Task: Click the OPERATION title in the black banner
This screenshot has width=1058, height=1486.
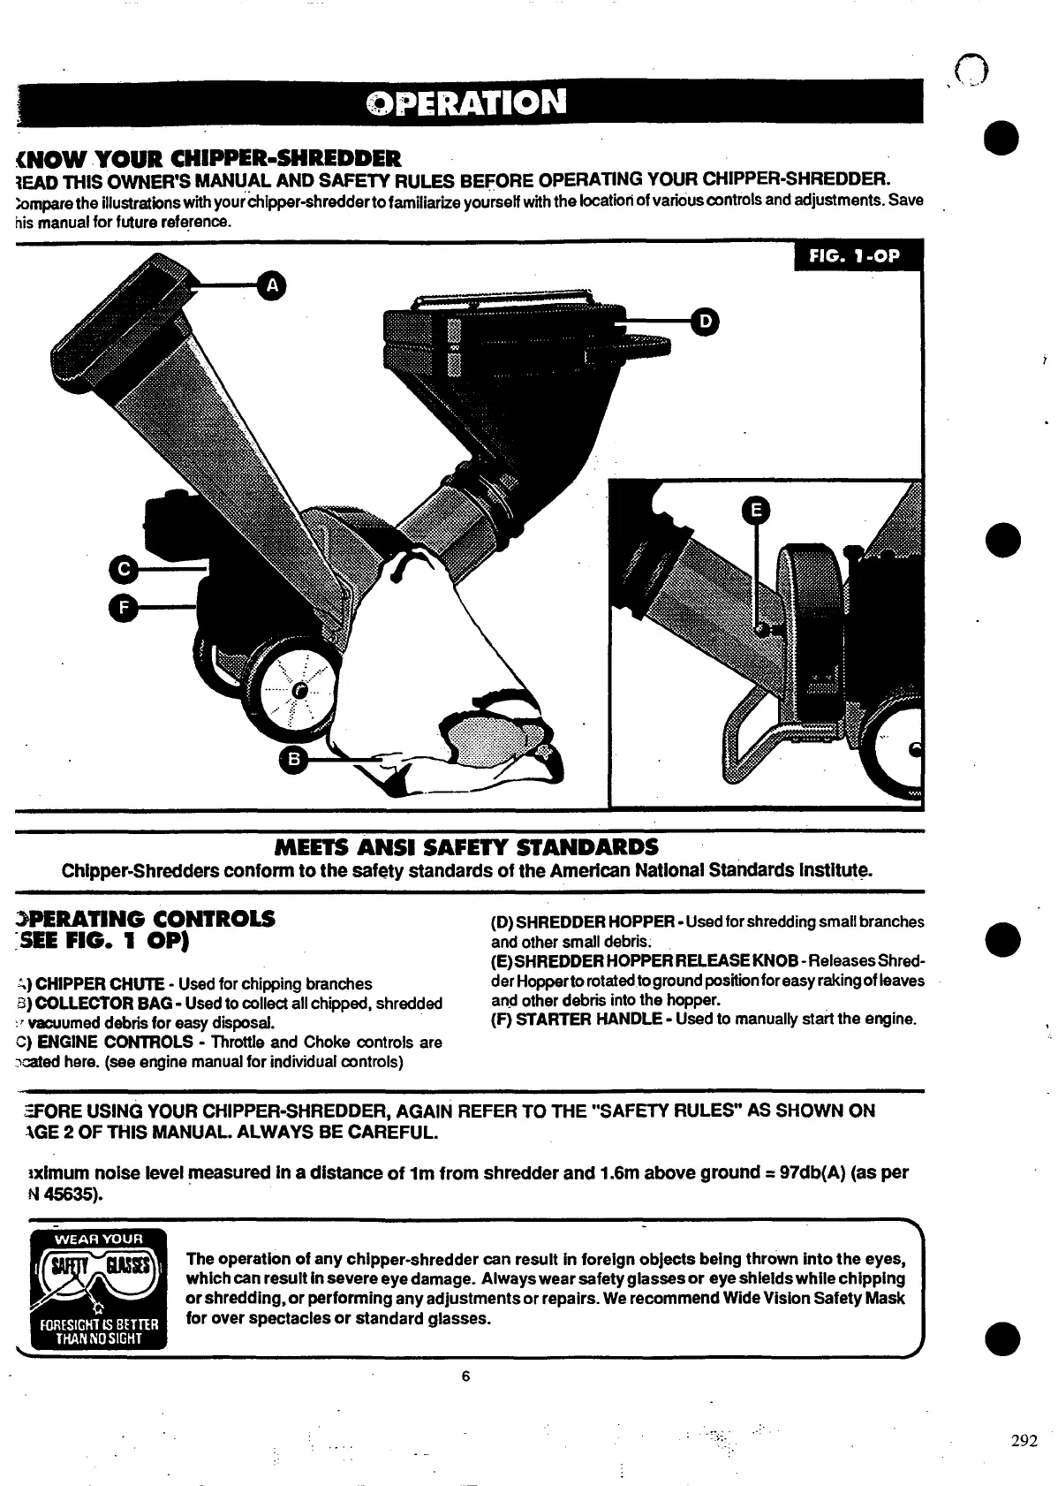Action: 465,102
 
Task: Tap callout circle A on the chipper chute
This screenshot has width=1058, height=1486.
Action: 273,284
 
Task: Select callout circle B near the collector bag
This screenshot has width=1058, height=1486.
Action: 295,758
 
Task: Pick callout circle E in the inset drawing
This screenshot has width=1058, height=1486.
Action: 756,512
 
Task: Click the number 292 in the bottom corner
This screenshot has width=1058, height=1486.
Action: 1024,1441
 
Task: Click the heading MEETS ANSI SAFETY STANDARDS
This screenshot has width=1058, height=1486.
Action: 466,847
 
